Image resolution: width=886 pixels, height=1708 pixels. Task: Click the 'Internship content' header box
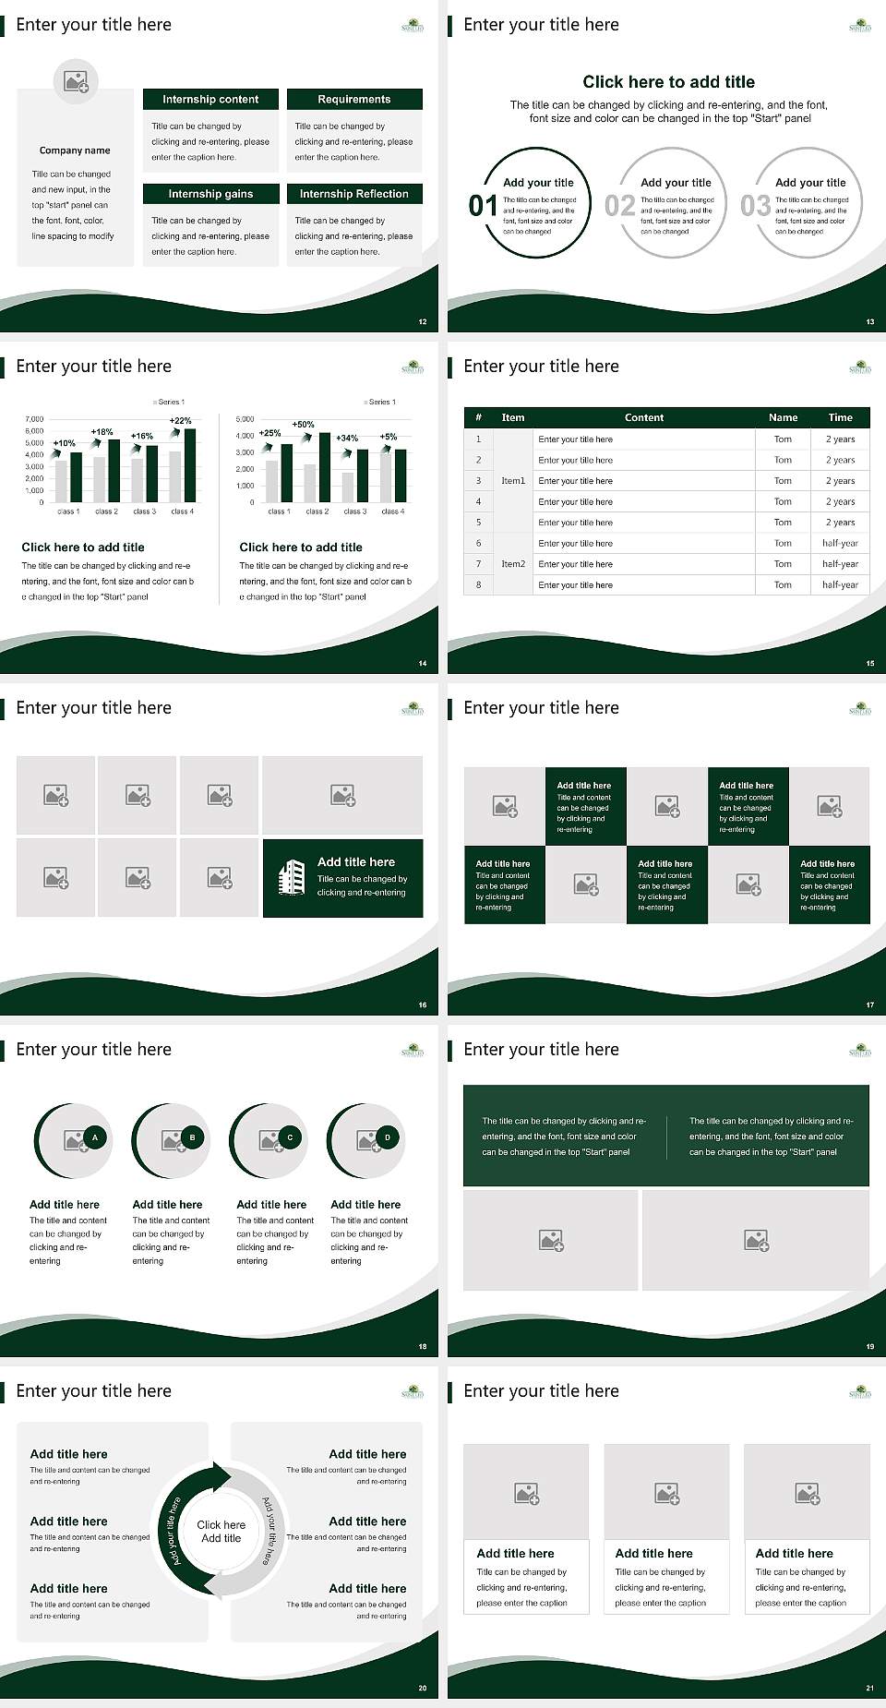pos(210,100)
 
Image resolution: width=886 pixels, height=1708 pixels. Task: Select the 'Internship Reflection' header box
pos(354,194)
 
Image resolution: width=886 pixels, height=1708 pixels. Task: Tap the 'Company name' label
pos(75,150)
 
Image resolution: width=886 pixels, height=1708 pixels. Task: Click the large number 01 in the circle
pos(483,206)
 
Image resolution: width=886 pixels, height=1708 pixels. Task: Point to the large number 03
pos(755,206)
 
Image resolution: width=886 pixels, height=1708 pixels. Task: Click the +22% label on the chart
pos(181,421)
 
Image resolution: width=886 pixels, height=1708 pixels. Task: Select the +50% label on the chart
pos(303,425)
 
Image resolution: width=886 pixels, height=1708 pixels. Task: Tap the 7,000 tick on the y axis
pos(34,419)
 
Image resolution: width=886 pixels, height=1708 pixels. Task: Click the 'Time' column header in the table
pos(840,417)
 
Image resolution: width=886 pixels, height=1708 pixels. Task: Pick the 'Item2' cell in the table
pos(513,564)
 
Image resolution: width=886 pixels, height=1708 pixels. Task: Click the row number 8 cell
pos(478,584)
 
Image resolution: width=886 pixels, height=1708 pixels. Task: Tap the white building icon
pos(292,877)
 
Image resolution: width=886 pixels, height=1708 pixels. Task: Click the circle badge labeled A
pos(94,1137)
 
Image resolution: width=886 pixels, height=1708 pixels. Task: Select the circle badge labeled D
pos(388,1137)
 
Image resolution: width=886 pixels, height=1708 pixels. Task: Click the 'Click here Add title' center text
pos(221,1532)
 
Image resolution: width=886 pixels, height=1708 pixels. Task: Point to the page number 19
pos(869,1346)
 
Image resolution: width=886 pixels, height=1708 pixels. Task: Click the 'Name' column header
pos(783,417)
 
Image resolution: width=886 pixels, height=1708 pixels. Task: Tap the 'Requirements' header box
pos(354,100)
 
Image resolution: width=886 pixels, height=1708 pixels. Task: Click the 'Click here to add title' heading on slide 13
pos(668,82)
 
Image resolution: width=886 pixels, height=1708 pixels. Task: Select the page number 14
pos(423,663)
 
